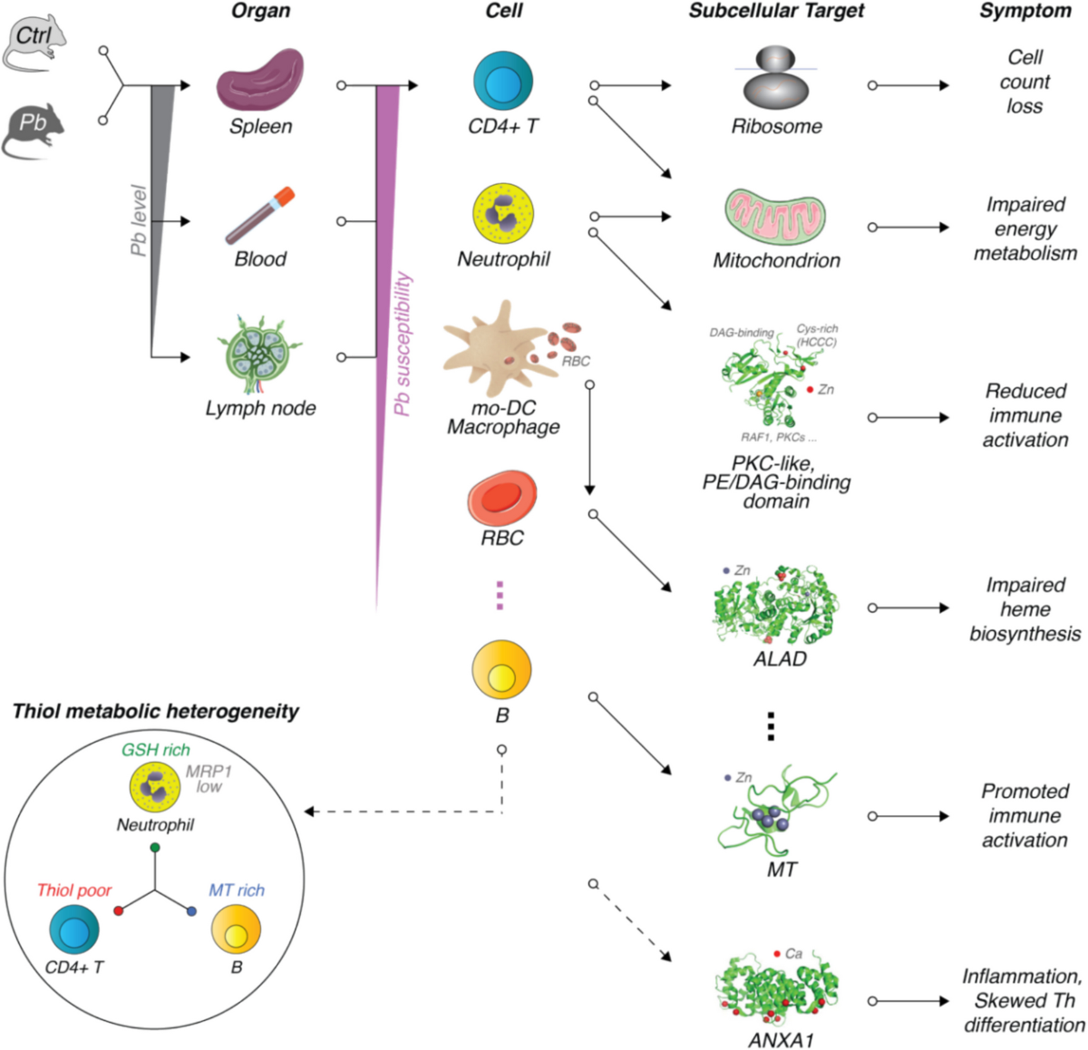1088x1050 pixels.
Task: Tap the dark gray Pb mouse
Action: (34, 131)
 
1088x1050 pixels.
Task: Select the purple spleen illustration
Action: (260, 80)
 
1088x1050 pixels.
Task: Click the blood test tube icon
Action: (260, 215)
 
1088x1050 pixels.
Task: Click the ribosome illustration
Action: (775, 78)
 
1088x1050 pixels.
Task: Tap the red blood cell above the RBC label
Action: (501, 497)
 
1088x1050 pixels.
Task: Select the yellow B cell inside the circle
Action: (236, 928)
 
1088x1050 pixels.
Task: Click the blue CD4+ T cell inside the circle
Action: (74, 928)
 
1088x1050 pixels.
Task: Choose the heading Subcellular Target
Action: (776, 11)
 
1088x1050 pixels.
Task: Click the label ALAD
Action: (780, 658)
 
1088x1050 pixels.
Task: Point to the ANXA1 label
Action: (781, 1040)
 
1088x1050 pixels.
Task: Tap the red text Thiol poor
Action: (73, 890)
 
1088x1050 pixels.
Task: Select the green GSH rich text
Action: (155, 749)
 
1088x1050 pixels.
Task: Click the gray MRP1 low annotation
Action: (209, 779)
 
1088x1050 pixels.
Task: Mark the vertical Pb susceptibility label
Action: (403, 344)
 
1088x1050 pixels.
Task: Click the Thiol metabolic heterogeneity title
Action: (155, 712)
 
